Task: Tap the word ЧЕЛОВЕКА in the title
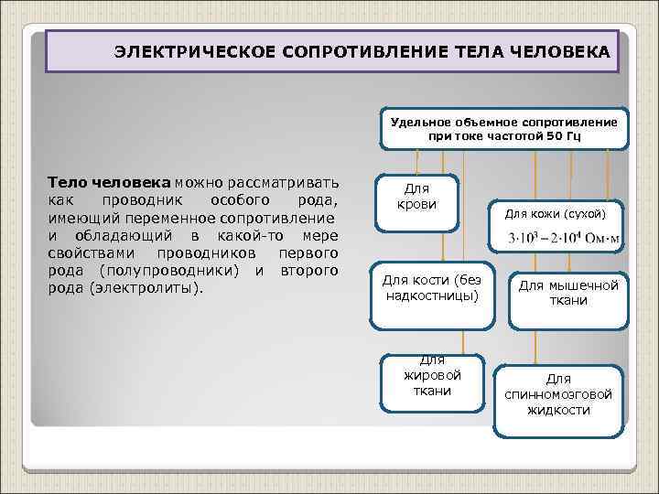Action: point(562,52)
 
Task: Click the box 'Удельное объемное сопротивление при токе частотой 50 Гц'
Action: point(503,129)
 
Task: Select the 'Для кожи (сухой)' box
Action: point(561,213)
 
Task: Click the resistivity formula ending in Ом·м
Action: point(563,240)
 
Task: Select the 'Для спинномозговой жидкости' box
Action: point(558,394)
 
